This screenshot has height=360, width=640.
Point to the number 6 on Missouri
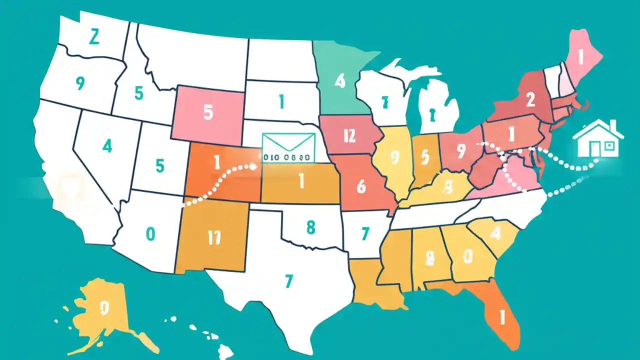click(x=361, y=186)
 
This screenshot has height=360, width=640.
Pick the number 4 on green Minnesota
click(x=340, y=80)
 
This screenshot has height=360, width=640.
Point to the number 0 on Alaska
click(x=104, y=307)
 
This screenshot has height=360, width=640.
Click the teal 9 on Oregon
click(x=79, y=84)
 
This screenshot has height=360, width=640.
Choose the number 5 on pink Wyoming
click(x=208, y=112)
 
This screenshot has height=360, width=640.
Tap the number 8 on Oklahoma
click(x=310, y=227)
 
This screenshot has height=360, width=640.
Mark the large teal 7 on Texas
click(x=288, y=281)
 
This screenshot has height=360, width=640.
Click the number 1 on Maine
click(x=580, y=58)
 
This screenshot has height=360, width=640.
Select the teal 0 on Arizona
click(x=150, y=233)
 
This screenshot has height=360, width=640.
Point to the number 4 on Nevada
click(x=107, y=146)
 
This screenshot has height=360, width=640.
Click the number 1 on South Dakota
click(x=281, y=102)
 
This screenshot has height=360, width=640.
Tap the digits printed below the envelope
click(x=286, y=156)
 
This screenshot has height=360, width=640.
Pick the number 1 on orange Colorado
click(x=217, y=162)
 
